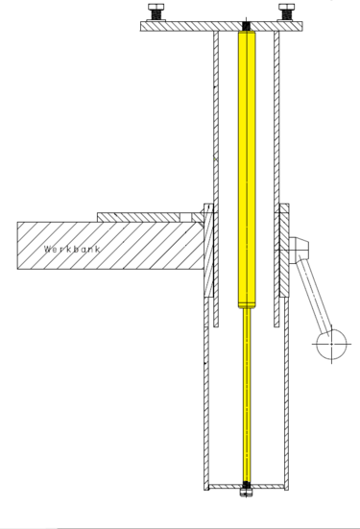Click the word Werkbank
click(72, 249)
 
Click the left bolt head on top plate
click(156, 7)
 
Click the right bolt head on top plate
click(286, 7)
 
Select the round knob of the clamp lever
click(331, 344)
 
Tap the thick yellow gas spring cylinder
click(247, 169)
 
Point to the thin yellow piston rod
click(247, 395)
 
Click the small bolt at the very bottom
click(246, 493)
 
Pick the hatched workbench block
click(110, 245)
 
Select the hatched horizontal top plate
click(222, 26)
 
